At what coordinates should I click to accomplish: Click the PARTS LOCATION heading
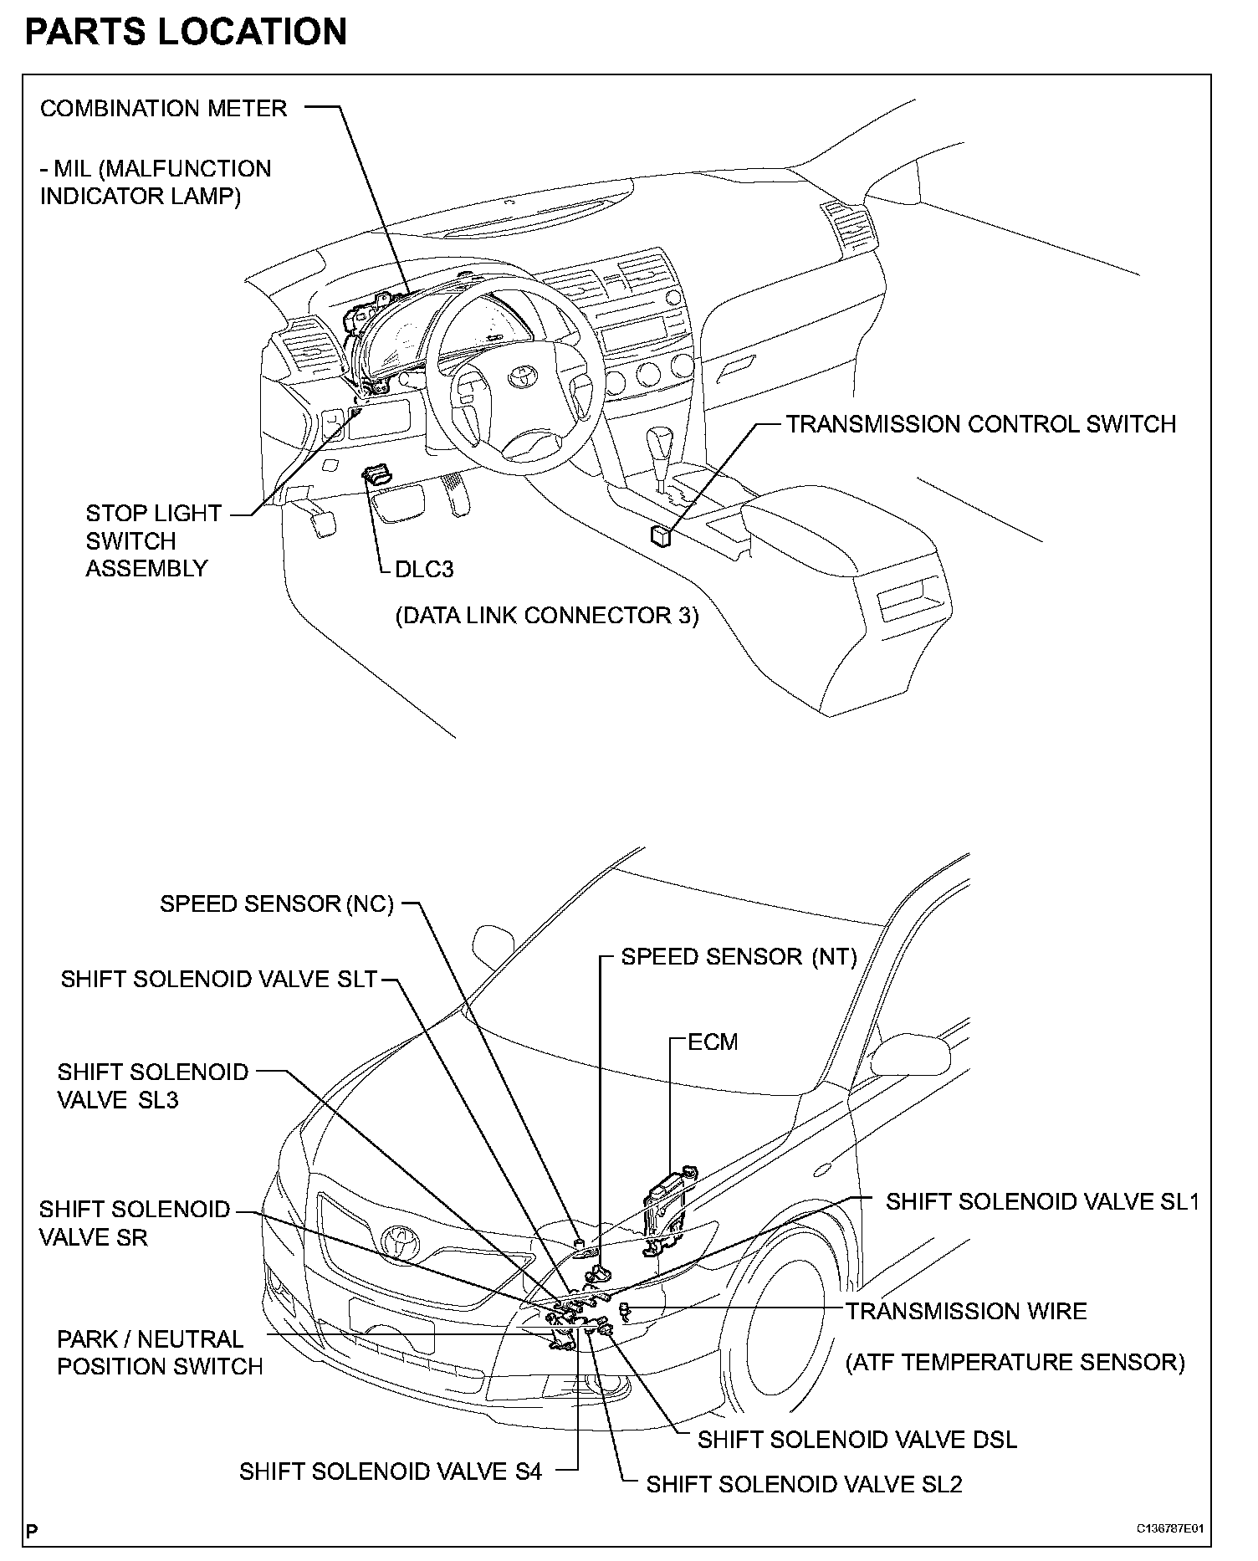click(186, 32)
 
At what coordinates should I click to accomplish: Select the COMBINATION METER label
click(164, 109)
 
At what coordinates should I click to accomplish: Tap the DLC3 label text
click(424, 570)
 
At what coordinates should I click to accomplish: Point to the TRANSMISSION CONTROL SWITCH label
click(980, 424)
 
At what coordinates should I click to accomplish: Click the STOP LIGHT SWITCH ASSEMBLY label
click(152, 540)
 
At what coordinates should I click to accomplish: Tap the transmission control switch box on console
click(660, 535)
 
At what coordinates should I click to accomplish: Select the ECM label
click(713, 1042)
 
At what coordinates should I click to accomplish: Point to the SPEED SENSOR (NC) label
click(277, 904)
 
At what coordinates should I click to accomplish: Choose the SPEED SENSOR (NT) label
click(739, 957)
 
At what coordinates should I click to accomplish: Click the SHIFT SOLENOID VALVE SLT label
click(219, 980)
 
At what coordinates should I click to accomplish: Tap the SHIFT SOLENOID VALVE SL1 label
click(1042, 1202)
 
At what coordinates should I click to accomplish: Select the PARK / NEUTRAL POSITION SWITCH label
click(159, 1353)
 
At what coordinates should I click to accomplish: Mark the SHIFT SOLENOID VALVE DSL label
click(857, 1440)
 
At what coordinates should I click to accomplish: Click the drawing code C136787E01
click(1169, 1528)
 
